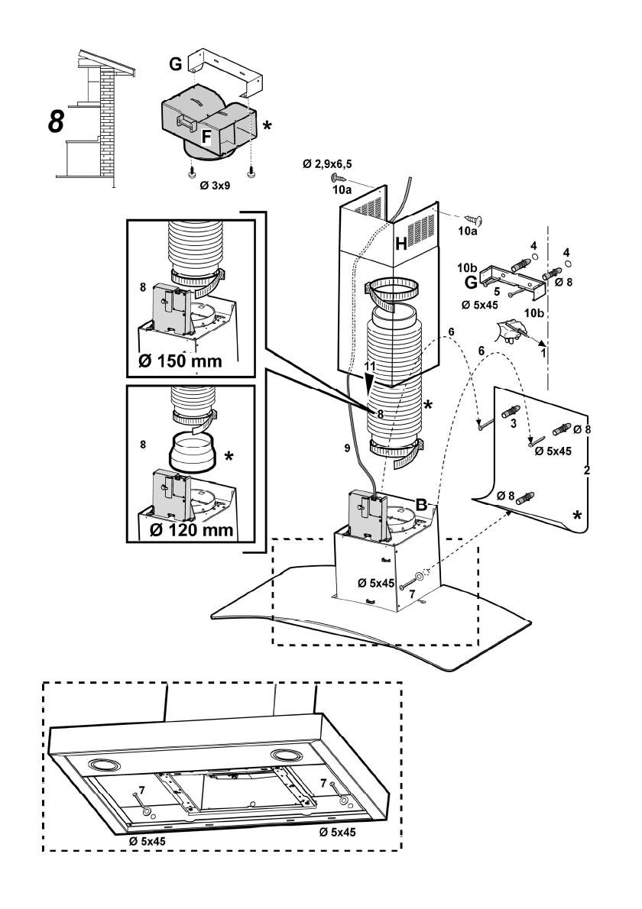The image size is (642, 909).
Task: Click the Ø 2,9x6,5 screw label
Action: [326, 163]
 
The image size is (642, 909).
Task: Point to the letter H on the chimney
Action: [403, 244]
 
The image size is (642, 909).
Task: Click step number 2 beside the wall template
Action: [586, 470]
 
